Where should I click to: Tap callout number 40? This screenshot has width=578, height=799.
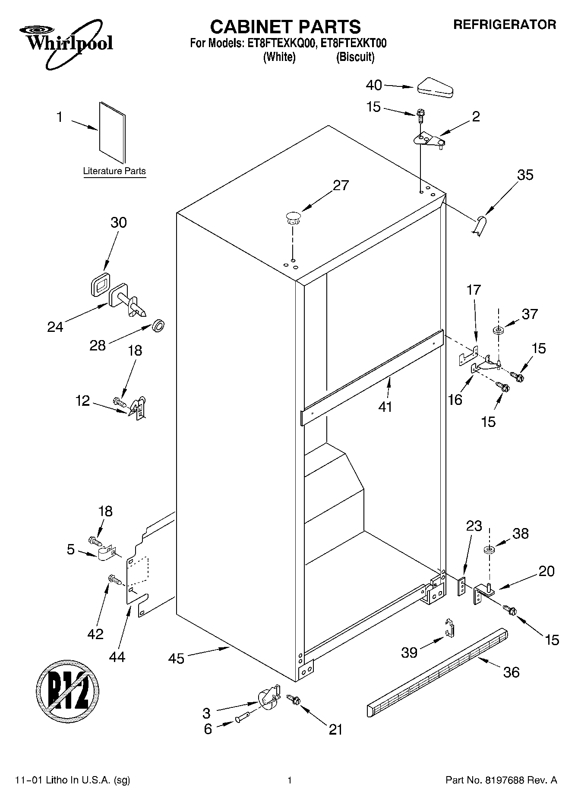374,85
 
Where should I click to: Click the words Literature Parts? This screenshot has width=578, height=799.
114,171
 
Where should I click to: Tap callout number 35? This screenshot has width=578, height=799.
525,175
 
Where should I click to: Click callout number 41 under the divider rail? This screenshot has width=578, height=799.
385,407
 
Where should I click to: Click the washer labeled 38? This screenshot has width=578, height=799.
489,550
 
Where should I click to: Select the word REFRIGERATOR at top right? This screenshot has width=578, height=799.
504,25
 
